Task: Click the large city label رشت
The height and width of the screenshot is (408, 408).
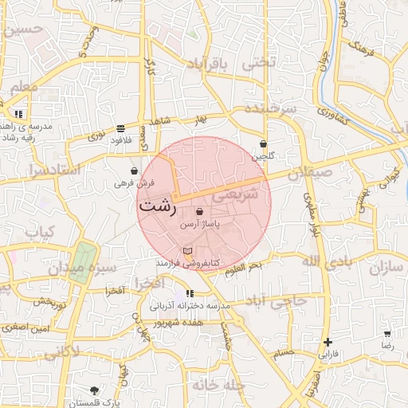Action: click(x=157, y=205)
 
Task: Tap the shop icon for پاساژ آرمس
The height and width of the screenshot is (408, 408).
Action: click(x=199, y=212)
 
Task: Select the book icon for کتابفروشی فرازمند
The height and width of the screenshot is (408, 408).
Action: click(x=188, y=252)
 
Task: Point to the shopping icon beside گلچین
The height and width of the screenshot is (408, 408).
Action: click(x=263, y=144)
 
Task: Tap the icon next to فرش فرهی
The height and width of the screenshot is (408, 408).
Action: click(x=134, y=171)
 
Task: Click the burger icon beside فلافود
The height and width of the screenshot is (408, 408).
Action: click(x=120, y=127)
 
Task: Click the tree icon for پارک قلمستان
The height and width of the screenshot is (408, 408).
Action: click(x=95, y=390)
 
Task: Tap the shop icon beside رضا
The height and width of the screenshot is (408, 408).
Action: click(x=387, y=335)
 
